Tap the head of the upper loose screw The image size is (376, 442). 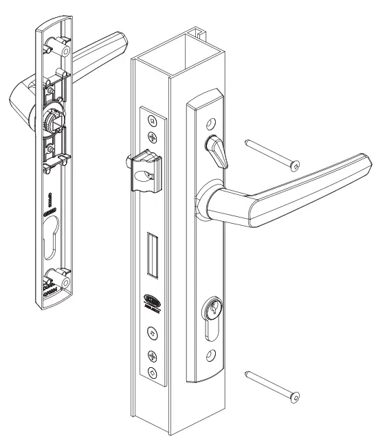point(296,165)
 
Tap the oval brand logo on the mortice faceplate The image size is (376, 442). point(151,299)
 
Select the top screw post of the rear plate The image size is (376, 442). point(64,51)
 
